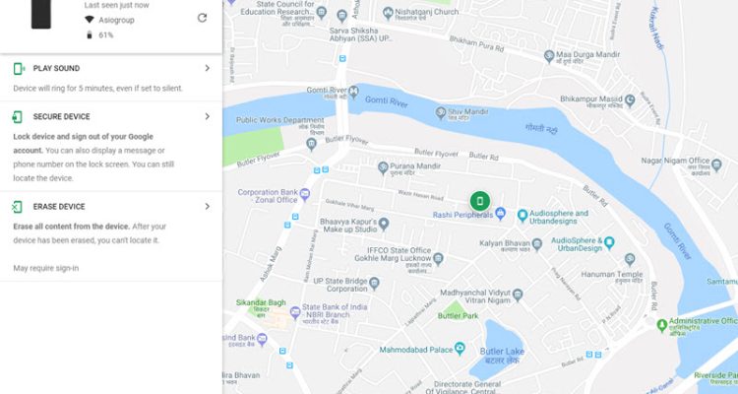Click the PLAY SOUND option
coord(57,69)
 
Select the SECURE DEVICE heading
coord(61,117)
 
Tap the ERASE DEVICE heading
coord(59,207)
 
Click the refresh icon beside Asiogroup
coord(202,18)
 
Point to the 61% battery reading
coord(106,34)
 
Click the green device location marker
coord(479,201)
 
